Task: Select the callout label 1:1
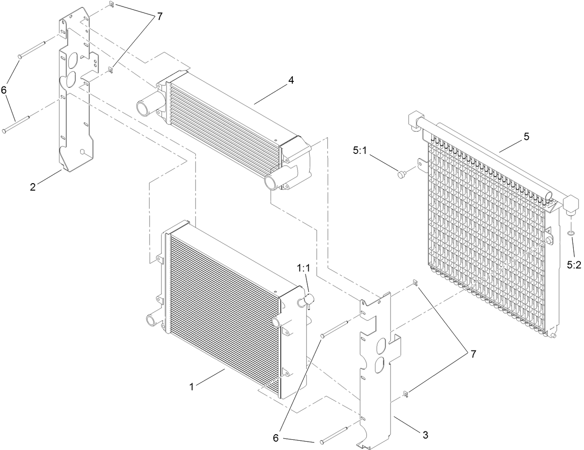(x=304, y=268)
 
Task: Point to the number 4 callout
(x=291, y=80)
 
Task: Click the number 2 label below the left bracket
(x=32, y=187)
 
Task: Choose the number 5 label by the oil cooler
(x=526, y=137)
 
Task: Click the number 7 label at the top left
(x=159, y=16)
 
